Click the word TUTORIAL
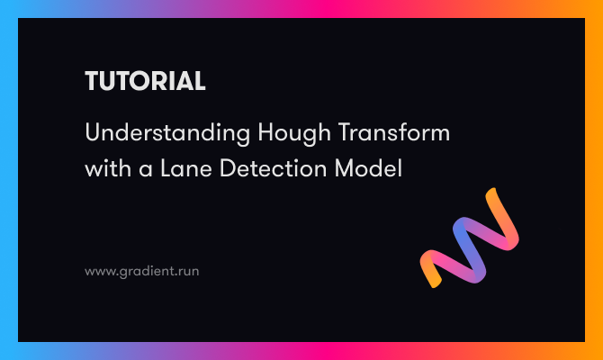pyautogui.click(x=145, y=82)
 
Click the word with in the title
pyautogui.click(x=106, y=167)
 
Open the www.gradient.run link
pyautogui.click(x=141, y=269)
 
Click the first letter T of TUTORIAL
pyautogui.click(x=92, y=82)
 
